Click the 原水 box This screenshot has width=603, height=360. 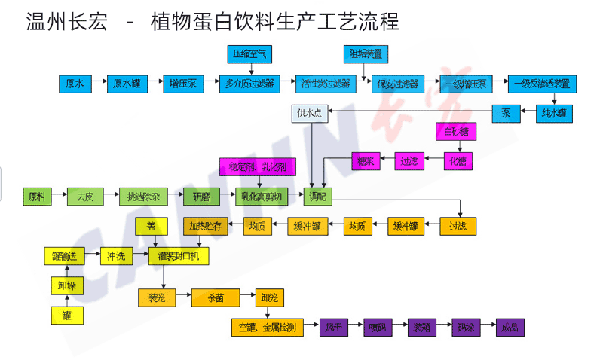75,84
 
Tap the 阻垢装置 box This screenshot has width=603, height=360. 364,54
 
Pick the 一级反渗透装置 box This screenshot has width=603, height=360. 542,84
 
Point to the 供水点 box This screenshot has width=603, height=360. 309,114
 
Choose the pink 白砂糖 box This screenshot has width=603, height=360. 456,132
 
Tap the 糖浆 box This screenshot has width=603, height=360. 364,160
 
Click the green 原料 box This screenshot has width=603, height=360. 37,197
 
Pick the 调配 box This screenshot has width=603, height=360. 317,197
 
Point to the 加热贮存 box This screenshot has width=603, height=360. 205,225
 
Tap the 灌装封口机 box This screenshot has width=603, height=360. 178,256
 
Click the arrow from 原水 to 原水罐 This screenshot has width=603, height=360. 98,84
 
